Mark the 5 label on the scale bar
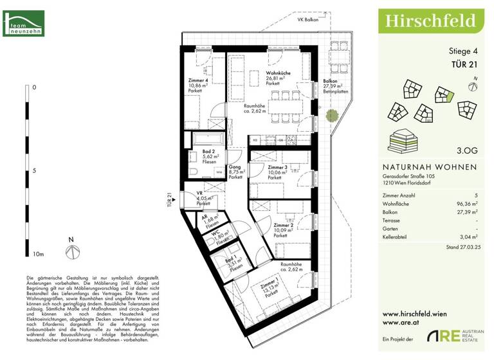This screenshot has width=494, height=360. click(35, 170)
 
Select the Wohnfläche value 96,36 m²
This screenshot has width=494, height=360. click(466, 202)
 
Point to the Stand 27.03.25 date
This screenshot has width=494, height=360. click(461, 247)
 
